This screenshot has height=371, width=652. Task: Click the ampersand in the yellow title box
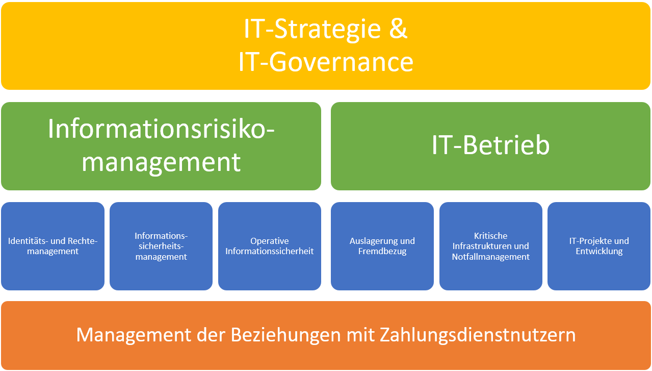point(398,29)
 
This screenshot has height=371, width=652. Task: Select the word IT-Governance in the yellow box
point(325,62)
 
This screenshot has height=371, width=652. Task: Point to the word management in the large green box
point(161,162)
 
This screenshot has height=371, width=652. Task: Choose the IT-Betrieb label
point(490,145)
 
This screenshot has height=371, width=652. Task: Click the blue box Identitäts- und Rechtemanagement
point(53,246)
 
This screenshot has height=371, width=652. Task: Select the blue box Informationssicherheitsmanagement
point(161,246)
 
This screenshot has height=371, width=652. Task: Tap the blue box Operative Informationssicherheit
point(270,246)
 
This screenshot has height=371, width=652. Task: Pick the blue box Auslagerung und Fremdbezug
point(382,246)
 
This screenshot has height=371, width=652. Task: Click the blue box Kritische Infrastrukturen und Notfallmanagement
point(490,246)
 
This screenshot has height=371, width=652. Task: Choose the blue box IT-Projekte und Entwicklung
point(599,246)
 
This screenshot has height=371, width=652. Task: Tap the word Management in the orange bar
point(133,335)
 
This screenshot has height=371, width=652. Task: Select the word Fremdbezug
point(382,251)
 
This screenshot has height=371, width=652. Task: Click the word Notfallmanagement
point(490,257)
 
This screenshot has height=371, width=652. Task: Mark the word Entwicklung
point(599,251)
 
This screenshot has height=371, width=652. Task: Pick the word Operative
point(270,241)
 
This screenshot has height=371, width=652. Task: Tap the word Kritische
point(490,236)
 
